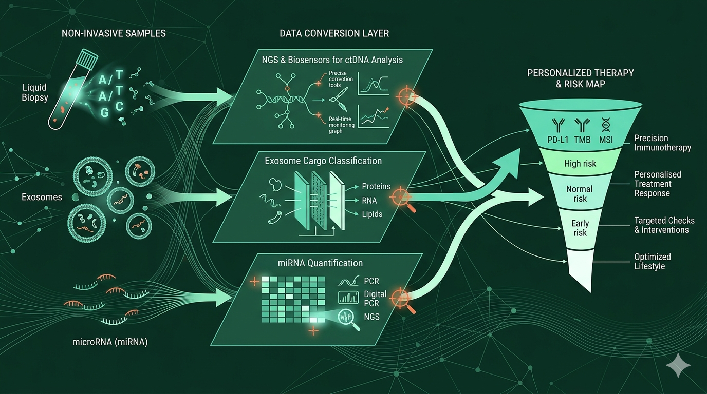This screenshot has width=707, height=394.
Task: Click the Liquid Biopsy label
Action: tap(35, 93)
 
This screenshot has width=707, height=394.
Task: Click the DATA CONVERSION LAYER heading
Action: tap(334, 33)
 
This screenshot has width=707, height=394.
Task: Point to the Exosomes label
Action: tap(42, 197)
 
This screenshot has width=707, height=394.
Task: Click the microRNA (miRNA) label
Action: tap(110, 342)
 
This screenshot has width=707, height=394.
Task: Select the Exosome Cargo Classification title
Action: tap(323, 161)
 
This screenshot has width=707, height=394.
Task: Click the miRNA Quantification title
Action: tap(313, 263)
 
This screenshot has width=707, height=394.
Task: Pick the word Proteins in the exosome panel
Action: tap(376, 186)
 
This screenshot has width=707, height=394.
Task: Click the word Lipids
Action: tap(372, 214)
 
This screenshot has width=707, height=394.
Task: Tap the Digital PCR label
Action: tap(375, 299)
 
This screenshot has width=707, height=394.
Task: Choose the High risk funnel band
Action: tap(580, 164)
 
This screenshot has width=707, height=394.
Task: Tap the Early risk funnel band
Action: tap(580, 228)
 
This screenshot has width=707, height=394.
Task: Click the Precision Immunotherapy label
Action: tap(662, 143)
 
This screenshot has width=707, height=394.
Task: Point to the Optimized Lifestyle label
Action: tap(653, 262)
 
